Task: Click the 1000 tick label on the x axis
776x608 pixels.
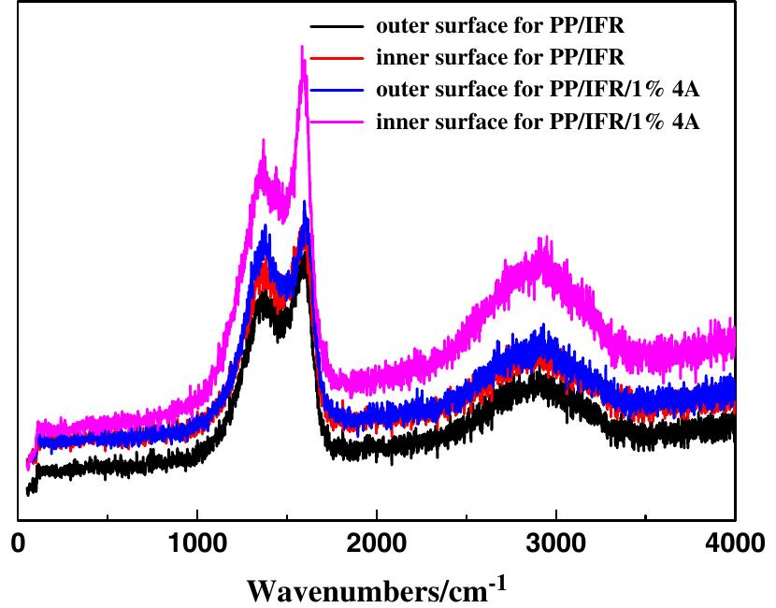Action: (x=197, y=543)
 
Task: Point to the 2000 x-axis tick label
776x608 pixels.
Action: (x=377, y=543)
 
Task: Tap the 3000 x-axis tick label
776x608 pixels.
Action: (x=556, y=543)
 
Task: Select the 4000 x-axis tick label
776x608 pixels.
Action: (x=735, y=543)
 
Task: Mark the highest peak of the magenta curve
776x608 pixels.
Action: (x=301, y=47)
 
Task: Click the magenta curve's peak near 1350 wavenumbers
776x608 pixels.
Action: (x=263, y=141)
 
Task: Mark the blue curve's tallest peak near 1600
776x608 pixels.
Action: (x=305, y=202)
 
